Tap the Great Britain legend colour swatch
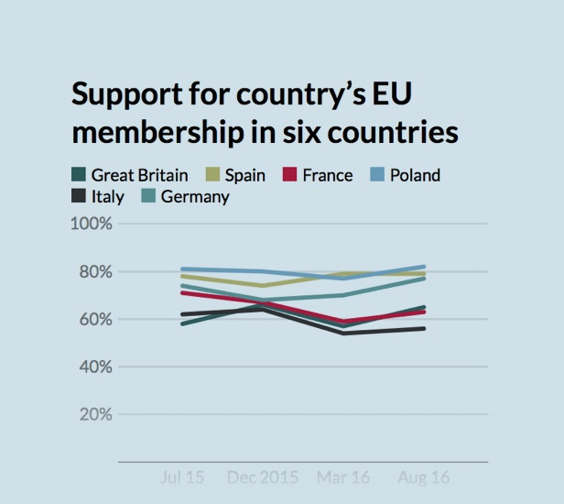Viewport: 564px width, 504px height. [x=79, y=175]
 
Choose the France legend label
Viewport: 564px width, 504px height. [x=354, y=175]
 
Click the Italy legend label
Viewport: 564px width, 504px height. [x=106, y=196]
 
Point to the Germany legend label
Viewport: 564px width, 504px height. [x=195, y=196]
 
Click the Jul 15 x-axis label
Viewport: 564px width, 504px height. [x=182, y=478]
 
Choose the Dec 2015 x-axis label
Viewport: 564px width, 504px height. [x=262, y=478]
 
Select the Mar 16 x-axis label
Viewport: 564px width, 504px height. [x=343, y=478]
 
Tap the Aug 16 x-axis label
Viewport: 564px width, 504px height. [x=424, y=478]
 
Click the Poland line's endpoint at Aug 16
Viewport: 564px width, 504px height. [x=424, y=267]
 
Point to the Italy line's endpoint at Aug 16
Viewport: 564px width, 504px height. [x=424, y=328]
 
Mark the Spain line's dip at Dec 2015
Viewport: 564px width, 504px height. [x=263, y=286]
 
